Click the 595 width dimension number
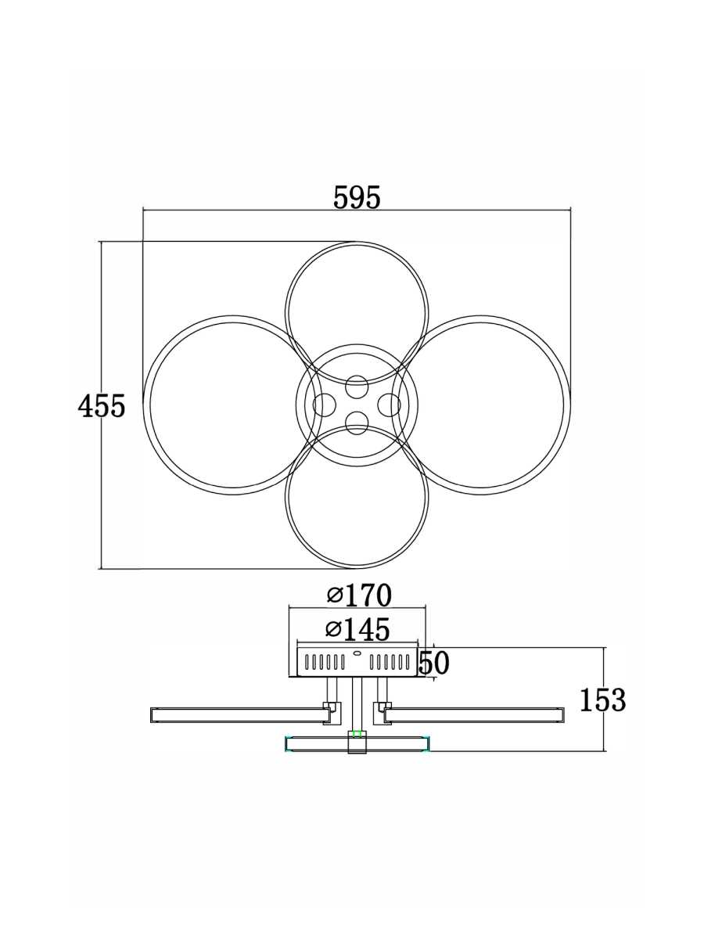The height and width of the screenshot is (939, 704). (357, 198)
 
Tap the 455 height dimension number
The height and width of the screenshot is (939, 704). (102, 405)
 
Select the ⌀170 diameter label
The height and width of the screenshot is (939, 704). (359, 595)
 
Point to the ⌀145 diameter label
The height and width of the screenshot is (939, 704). (357, 629)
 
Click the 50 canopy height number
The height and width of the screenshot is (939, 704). (434, 663)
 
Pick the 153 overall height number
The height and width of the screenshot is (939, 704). (602, 700)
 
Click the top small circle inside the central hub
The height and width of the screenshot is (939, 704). (357, 387)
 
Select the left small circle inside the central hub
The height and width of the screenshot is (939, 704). (324, 405)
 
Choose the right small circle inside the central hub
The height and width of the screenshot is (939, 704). (389, 405)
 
